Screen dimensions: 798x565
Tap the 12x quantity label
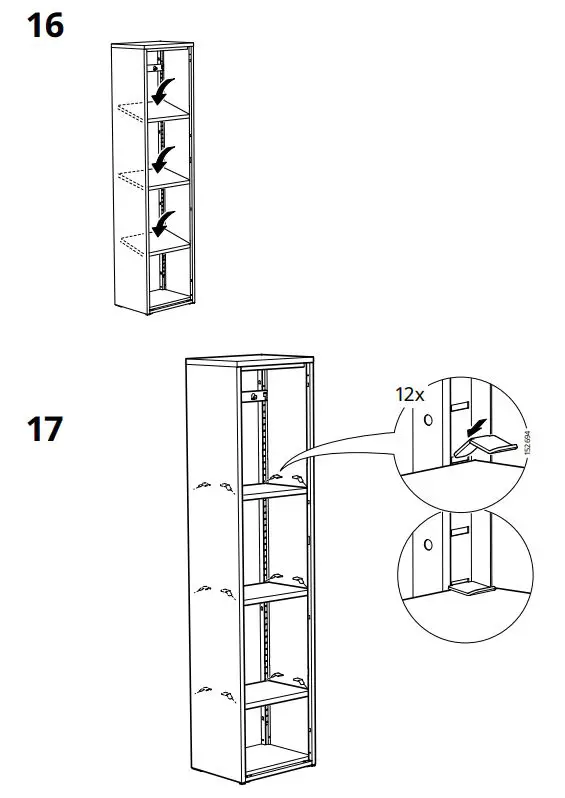[410, 395]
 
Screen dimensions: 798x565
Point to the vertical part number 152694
[527, 443]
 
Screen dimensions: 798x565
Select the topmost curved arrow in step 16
[161, 92]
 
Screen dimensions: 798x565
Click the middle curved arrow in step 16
[161, 160]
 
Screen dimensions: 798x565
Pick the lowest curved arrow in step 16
[161, 226]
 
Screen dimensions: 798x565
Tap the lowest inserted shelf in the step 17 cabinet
[272, 691]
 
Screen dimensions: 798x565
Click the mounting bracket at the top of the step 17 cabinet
[256, 396]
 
